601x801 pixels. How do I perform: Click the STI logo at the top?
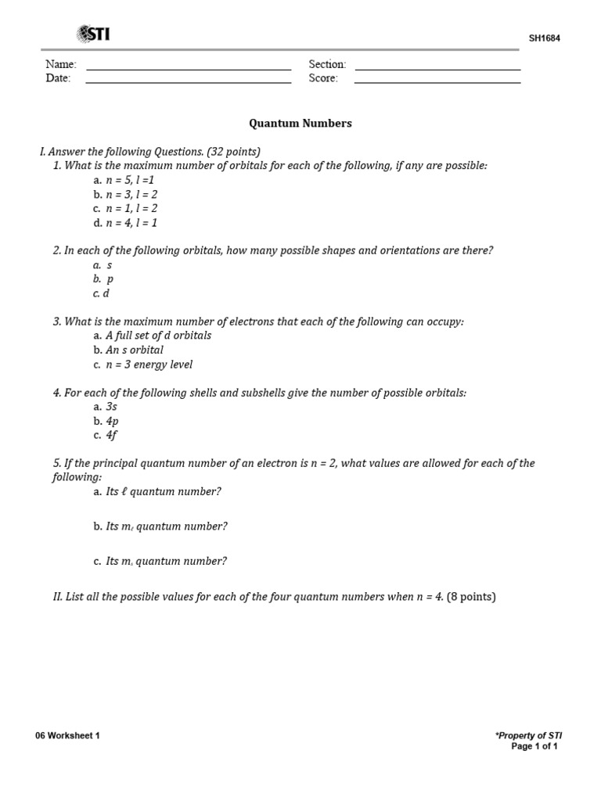coord(92,34)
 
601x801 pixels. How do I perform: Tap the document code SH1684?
coord(544,38)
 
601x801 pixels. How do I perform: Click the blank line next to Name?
coord(189,68)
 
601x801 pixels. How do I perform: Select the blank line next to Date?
coord(189,81)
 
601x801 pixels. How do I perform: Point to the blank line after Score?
coord(437,81)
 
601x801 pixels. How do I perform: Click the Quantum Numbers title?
coord(300,124)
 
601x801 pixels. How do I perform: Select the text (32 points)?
coord(233,152)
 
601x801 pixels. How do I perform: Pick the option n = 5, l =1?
coord(130,180)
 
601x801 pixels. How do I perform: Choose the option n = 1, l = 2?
coord(131,209)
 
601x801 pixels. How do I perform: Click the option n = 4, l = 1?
coord(131,223)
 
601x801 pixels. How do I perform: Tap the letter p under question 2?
coord(110,279)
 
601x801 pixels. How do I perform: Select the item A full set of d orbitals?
coord(158,336)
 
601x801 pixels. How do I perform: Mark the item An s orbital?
coord(135,350)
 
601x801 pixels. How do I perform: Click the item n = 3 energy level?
coord(149,365)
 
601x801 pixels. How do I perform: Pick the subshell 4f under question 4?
coord(111,436)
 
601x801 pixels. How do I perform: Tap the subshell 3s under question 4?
coord(111,407)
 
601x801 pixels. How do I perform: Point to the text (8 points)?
coord(471,597)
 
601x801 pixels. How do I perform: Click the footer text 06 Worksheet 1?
coord(67,736)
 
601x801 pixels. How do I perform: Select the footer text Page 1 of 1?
coord(534,747)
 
